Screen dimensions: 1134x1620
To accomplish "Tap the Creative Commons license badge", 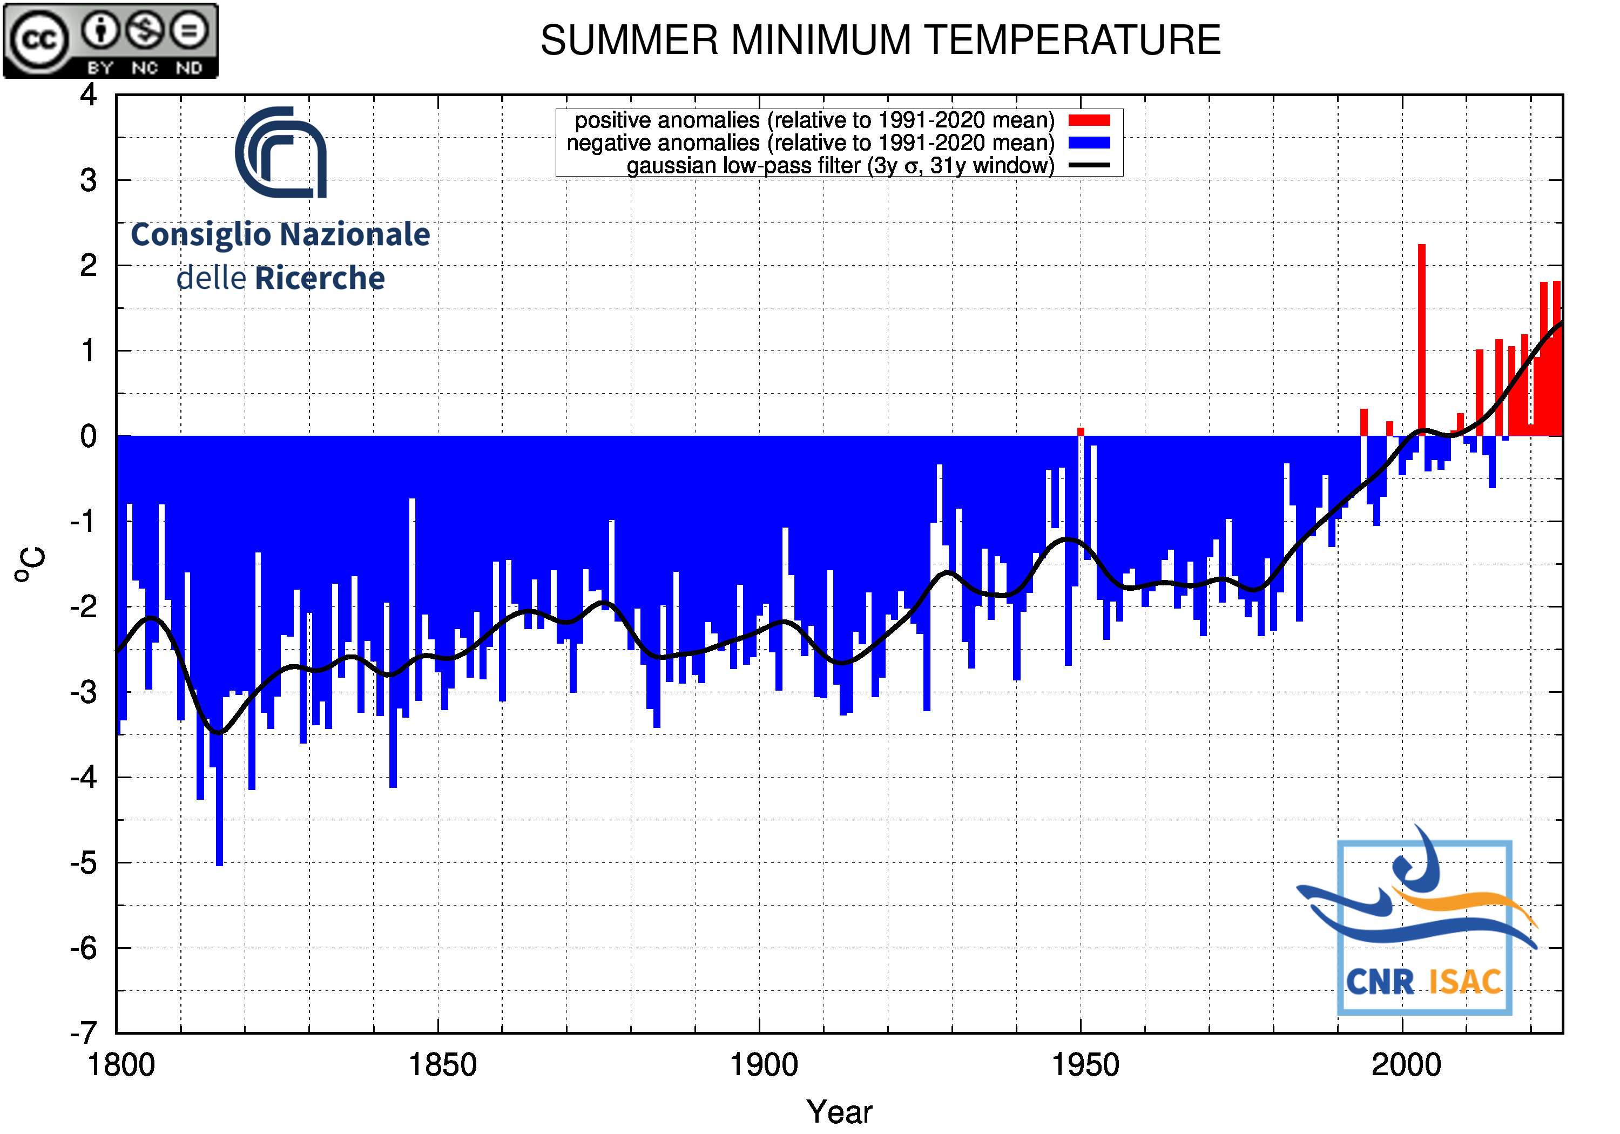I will (x=111, y=40).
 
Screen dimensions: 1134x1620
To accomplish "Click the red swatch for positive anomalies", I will (x=1089, y=120).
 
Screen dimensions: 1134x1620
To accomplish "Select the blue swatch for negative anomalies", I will (x=1089, y=143).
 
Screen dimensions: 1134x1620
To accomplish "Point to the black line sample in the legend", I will (x=1089, y=166).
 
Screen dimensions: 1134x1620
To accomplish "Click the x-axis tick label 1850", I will (x=442, y=1065).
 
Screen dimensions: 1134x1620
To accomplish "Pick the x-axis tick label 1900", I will (x=764, y=1065).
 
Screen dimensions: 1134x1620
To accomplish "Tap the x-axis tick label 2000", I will (x=1406, y=1065).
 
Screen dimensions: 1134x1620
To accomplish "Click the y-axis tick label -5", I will (x=83, y=863).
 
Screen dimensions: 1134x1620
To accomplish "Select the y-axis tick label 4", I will (x=88, y=94).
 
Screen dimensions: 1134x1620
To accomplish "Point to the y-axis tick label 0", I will (x=88, y=436).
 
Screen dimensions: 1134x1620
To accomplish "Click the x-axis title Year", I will (x=839, y=1112).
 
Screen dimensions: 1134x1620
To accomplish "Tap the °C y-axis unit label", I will (x=30, y=564).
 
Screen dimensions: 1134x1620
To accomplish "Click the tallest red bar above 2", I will (x=1422, y=339).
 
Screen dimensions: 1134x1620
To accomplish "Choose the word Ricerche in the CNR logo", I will (x=320, y=279).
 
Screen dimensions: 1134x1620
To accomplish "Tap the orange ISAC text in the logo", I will (x=1465, y=982).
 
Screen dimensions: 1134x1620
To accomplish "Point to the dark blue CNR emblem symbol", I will (x=281, y=152).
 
